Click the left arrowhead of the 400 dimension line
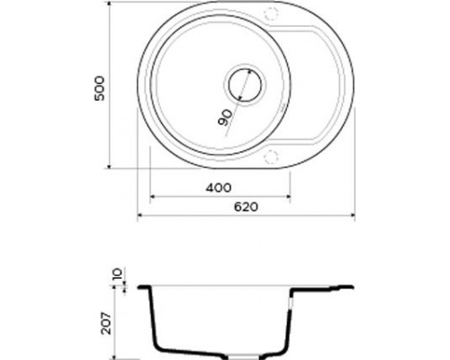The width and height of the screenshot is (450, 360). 151,195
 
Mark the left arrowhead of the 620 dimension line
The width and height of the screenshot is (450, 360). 140,216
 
